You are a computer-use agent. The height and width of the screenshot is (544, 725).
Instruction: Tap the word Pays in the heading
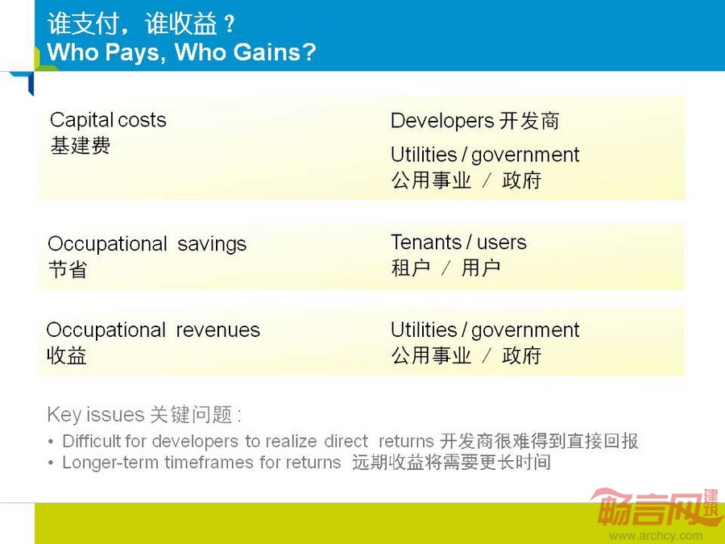pos(133,52)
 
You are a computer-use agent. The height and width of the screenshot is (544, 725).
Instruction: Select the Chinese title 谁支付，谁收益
pos(132,23)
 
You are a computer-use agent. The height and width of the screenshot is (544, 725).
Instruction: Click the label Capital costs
pos(108,120)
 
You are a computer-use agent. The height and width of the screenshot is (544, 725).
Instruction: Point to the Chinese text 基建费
pos(80,145)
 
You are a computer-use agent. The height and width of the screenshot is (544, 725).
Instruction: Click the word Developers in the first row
pos(442,121)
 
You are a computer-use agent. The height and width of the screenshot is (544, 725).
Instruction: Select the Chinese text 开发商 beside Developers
pos(529,121)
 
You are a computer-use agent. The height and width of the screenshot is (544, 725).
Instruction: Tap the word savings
pos(212,244)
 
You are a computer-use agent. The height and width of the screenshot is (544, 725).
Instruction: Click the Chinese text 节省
pos(68,269)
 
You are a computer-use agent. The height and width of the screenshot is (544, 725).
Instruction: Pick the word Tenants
pos(426,243)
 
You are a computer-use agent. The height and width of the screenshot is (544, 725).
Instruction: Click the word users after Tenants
pos(501,243)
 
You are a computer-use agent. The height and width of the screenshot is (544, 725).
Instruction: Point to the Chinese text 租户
pos(411,268)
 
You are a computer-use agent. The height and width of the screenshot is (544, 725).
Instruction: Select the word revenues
pos(217,330)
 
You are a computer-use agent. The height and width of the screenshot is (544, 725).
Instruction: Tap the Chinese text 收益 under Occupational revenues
pos(67,355)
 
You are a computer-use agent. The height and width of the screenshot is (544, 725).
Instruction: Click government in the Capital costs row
pos(524,156)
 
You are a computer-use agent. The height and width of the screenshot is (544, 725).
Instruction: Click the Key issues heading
pos(144,414)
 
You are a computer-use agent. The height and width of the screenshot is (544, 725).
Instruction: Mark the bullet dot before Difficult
pos(51,442)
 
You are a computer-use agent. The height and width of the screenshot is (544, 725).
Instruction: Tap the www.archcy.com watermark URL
pos(656,536)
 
